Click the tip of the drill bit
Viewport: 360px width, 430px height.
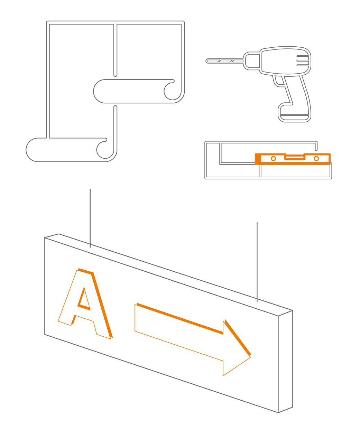point(207,61)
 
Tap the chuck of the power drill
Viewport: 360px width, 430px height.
point(251,61)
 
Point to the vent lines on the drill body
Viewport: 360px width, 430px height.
point(302,60)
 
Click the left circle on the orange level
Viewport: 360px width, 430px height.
point(273,159)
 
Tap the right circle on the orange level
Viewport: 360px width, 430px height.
point(316,159)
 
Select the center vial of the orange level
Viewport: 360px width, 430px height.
point(295,157)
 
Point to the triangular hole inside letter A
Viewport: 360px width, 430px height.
point(84,299)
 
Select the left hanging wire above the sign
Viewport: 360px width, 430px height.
point(90,218)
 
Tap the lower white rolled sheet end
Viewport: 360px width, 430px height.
point(62,150)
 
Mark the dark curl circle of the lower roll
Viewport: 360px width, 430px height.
point(104,149)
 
